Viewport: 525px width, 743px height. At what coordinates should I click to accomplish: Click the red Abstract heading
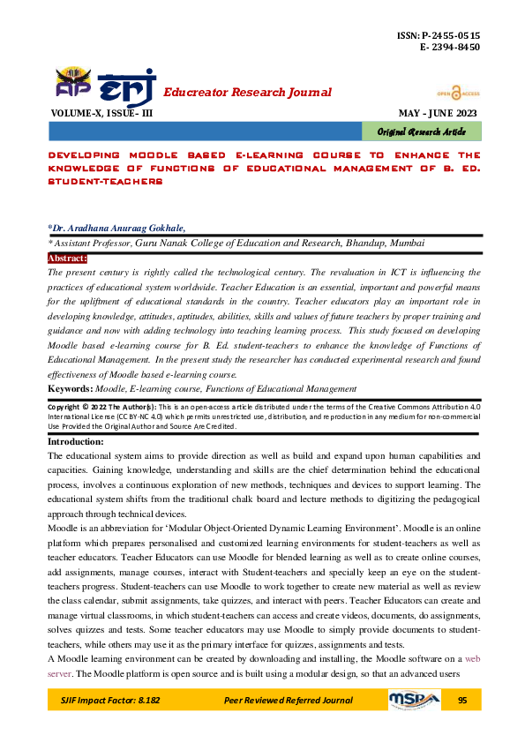[67, 259]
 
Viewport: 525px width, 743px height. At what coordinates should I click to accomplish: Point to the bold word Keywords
[71, 387]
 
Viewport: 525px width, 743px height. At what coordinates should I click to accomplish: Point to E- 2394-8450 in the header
[451, 47]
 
